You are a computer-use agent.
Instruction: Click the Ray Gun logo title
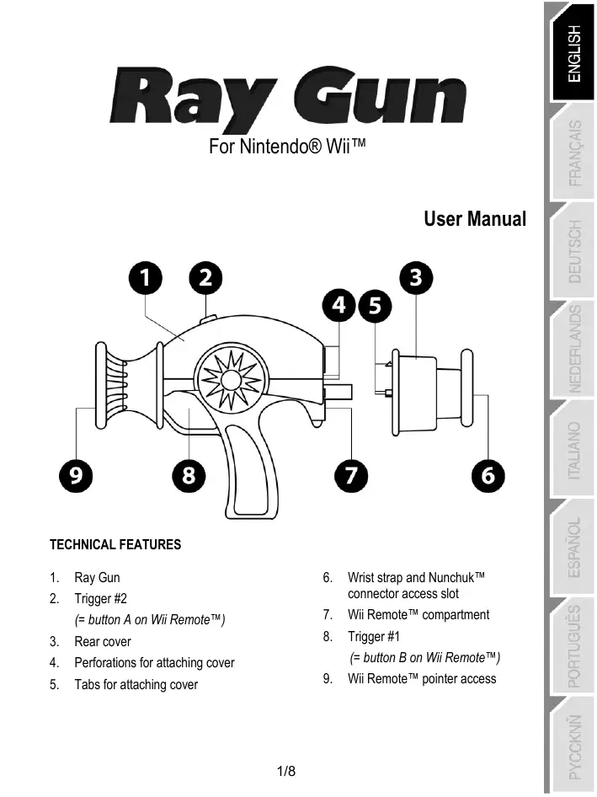click(x=287, y=98)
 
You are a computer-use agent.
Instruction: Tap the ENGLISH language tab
click(x=573, y=53)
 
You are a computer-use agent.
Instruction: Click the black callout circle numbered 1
click(x=148, y=279)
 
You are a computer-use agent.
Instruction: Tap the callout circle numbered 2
click(x=205, y=279)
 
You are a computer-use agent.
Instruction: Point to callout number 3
click(x=414, y=279)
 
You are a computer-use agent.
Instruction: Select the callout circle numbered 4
click(x=340, y=307)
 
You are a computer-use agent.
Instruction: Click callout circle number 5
click(x=375, y=307)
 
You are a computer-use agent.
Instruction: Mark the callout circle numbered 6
click(x=488, y=476)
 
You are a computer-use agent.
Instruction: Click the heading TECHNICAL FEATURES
click(x=115, y=545)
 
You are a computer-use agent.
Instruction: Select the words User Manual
click(x=475, y=220)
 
